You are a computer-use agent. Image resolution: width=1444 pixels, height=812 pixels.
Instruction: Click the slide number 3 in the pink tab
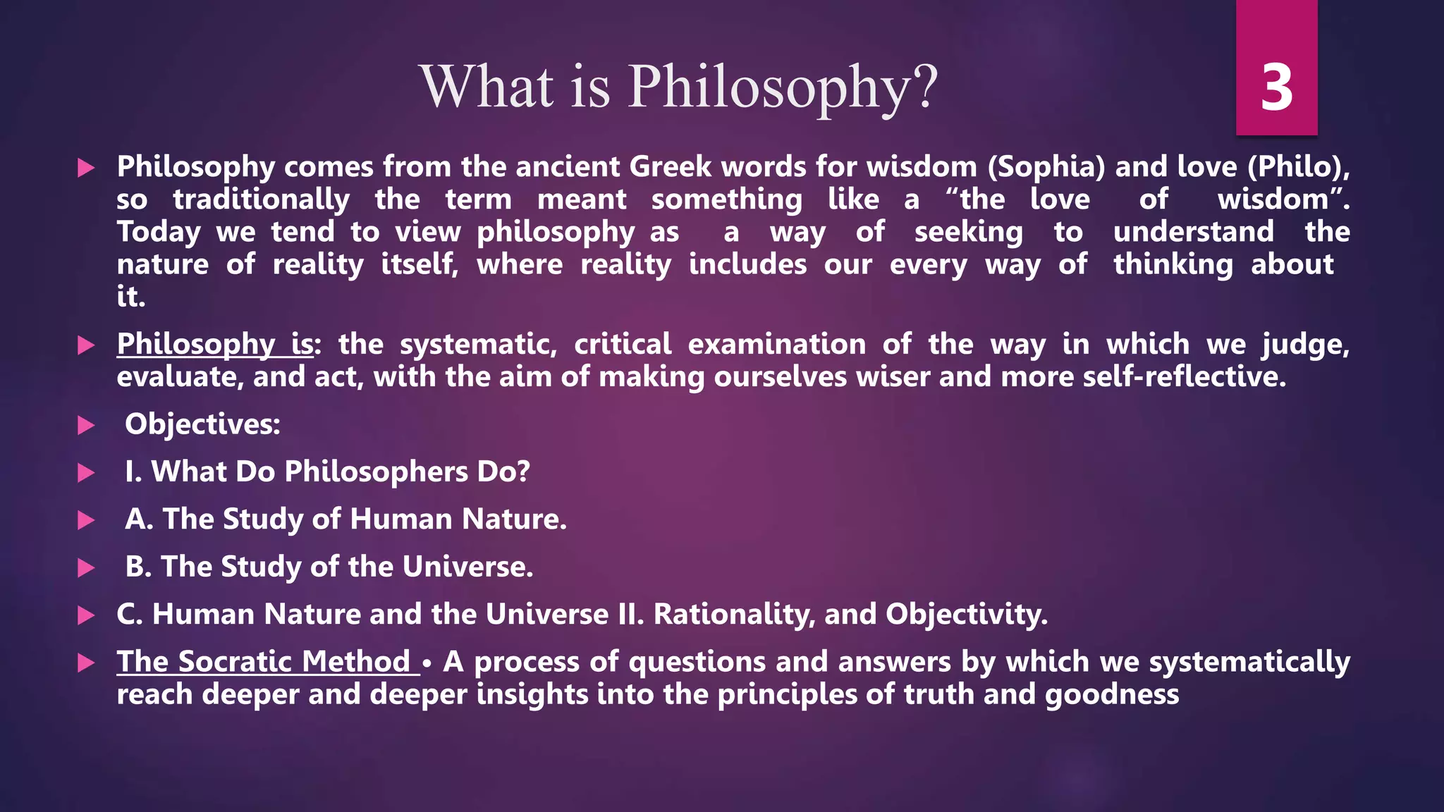pos(1276,88)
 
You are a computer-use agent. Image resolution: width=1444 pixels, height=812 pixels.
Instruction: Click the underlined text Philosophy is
pos(215,344)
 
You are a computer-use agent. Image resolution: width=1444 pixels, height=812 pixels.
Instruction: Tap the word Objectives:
pos(202,424)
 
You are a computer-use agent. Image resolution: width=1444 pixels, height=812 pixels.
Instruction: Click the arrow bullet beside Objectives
pos(86,425)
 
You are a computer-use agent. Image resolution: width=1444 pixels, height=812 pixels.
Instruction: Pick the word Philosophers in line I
pos(376,472)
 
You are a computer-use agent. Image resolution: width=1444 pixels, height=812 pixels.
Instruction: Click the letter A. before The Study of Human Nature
pos(139,519)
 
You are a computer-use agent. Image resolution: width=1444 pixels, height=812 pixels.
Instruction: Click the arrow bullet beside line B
pos(86,567)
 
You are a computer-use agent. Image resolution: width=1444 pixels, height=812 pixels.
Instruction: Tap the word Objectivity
pos(967,615)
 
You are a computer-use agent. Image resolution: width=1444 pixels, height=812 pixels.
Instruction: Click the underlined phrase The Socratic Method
pos(264,662)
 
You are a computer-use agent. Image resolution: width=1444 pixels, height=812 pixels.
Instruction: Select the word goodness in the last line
pos(1112,695)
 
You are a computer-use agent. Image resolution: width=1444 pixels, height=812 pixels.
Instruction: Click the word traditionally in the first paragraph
pos(262,199)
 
